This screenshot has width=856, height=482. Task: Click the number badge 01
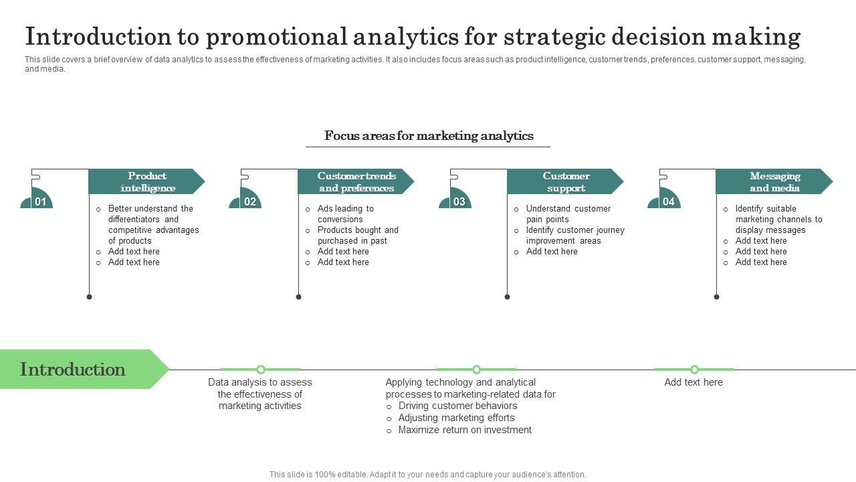(39, 201)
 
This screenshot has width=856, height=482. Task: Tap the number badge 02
(249, 201)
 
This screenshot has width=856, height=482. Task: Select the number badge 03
(458, 201)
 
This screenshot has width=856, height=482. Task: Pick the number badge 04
(667, 201)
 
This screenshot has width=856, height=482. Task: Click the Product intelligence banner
(147, 181)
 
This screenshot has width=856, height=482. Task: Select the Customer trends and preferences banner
(356, 181)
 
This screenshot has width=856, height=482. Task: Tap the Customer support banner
(565, 181)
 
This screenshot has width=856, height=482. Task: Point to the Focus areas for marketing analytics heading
(429, 136)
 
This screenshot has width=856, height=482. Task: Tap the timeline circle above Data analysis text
(261, 370)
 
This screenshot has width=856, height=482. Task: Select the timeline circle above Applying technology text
(476, 370)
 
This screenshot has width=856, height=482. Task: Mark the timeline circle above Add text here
(694, 370)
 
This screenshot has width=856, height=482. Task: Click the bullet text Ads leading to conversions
(345, 214)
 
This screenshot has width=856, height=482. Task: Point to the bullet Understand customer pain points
(568, 214)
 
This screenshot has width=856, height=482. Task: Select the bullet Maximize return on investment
(465, 430)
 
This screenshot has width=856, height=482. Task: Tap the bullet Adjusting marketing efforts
(456, 418)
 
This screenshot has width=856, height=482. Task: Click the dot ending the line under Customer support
(507, 297)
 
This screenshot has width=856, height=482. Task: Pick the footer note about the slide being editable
(428, 474)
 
